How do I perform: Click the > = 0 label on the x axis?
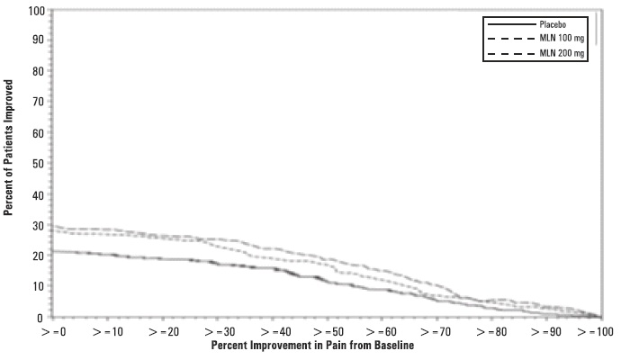coord(53,331)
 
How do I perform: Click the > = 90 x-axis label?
coord(547,331)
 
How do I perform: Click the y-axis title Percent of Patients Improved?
coord(8,164)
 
